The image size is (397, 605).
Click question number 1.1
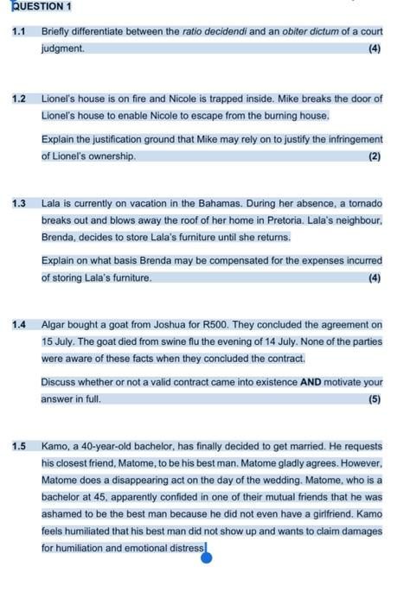(19, 32)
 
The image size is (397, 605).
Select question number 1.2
(19, 99)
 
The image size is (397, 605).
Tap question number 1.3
(19, 204)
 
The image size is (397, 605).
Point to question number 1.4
(19, 325)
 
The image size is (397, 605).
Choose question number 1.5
(19, 447)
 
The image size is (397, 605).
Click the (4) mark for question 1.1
(374, 49)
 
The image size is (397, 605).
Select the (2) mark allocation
(374, 156)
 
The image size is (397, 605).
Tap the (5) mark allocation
(374, 399)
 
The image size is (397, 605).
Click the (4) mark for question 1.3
(374, 277)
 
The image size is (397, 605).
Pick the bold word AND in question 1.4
(310, 382)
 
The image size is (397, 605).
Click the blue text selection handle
(207, 557)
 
